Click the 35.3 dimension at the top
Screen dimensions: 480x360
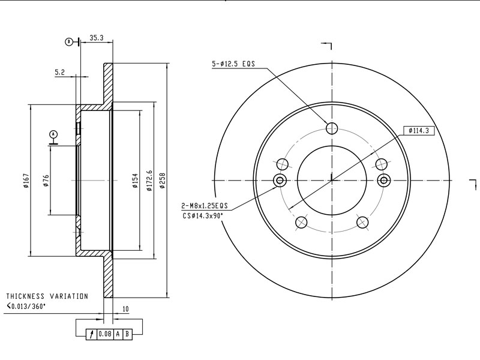(97, 38)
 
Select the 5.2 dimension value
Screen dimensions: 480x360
(59, 72)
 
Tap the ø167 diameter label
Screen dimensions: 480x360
(26, 181)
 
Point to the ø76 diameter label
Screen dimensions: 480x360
(46, 181)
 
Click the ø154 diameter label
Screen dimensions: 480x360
(135, 181)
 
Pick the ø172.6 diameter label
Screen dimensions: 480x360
(149, 181)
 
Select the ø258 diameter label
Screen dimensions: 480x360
(162, 181)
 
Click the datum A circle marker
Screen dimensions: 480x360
(53, 134)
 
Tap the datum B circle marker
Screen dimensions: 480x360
(69, 41)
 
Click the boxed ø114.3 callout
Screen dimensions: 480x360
(419, 131)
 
